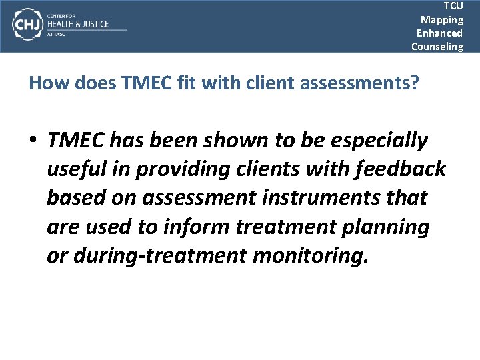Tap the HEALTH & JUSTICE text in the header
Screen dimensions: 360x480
click(x=78, y=24)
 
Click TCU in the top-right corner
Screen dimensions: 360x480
click(x=453, y=5)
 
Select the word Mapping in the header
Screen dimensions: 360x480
click(x=441, y=19)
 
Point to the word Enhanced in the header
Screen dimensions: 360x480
click(x=439, y=33)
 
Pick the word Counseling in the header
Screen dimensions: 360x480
click(x=437, y=46)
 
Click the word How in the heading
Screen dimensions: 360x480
click(x=45, y=83)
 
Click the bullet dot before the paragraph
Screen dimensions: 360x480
click(x=33, y=141)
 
